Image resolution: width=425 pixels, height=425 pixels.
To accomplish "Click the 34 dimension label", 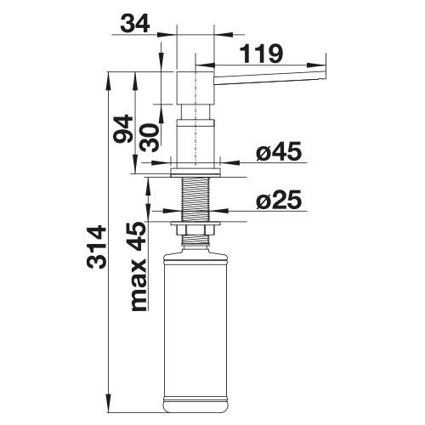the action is tap(135, 25).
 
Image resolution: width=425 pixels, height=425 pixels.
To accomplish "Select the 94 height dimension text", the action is tap(123, 128).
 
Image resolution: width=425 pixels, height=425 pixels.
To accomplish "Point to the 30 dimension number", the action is tap(150, 138).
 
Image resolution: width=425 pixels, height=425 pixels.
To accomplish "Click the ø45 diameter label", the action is tap(279, 151).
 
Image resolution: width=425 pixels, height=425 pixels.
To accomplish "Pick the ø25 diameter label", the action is tap(279, 200).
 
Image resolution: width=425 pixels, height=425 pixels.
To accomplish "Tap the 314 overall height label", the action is tap(97, 246).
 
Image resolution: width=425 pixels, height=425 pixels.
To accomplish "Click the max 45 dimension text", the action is tap(139, 266).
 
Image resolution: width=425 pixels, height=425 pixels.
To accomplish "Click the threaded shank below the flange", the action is tap(195, 200).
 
